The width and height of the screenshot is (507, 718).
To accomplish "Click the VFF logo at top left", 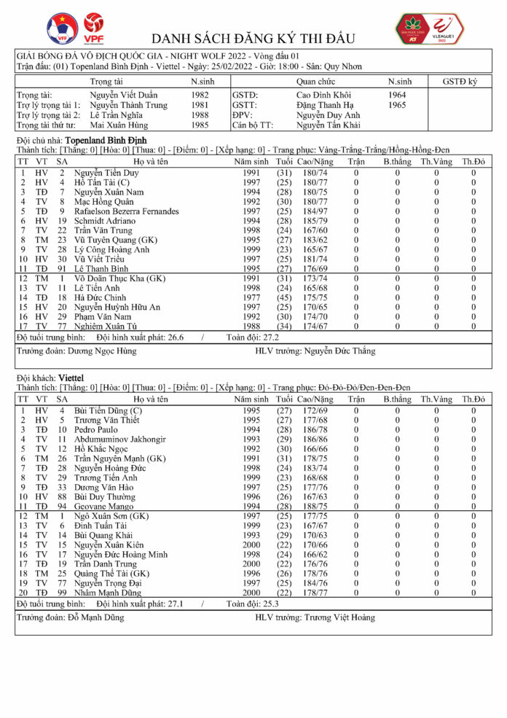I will [x=62, y=28].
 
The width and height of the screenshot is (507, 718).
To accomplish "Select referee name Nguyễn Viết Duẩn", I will [x=124, y=95].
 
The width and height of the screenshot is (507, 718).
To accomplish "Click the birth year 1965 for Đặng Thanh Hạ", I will [x=398, y=105].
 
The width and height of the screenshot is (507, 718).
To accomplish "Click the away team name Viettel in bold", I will [x=71, y=379].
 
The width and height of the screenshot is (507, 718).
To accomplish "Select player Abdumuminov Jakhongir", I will [x=120, y=440].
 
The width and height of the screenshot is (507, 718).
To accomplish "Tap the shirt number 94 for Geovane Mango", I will [x=62, y=506].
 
